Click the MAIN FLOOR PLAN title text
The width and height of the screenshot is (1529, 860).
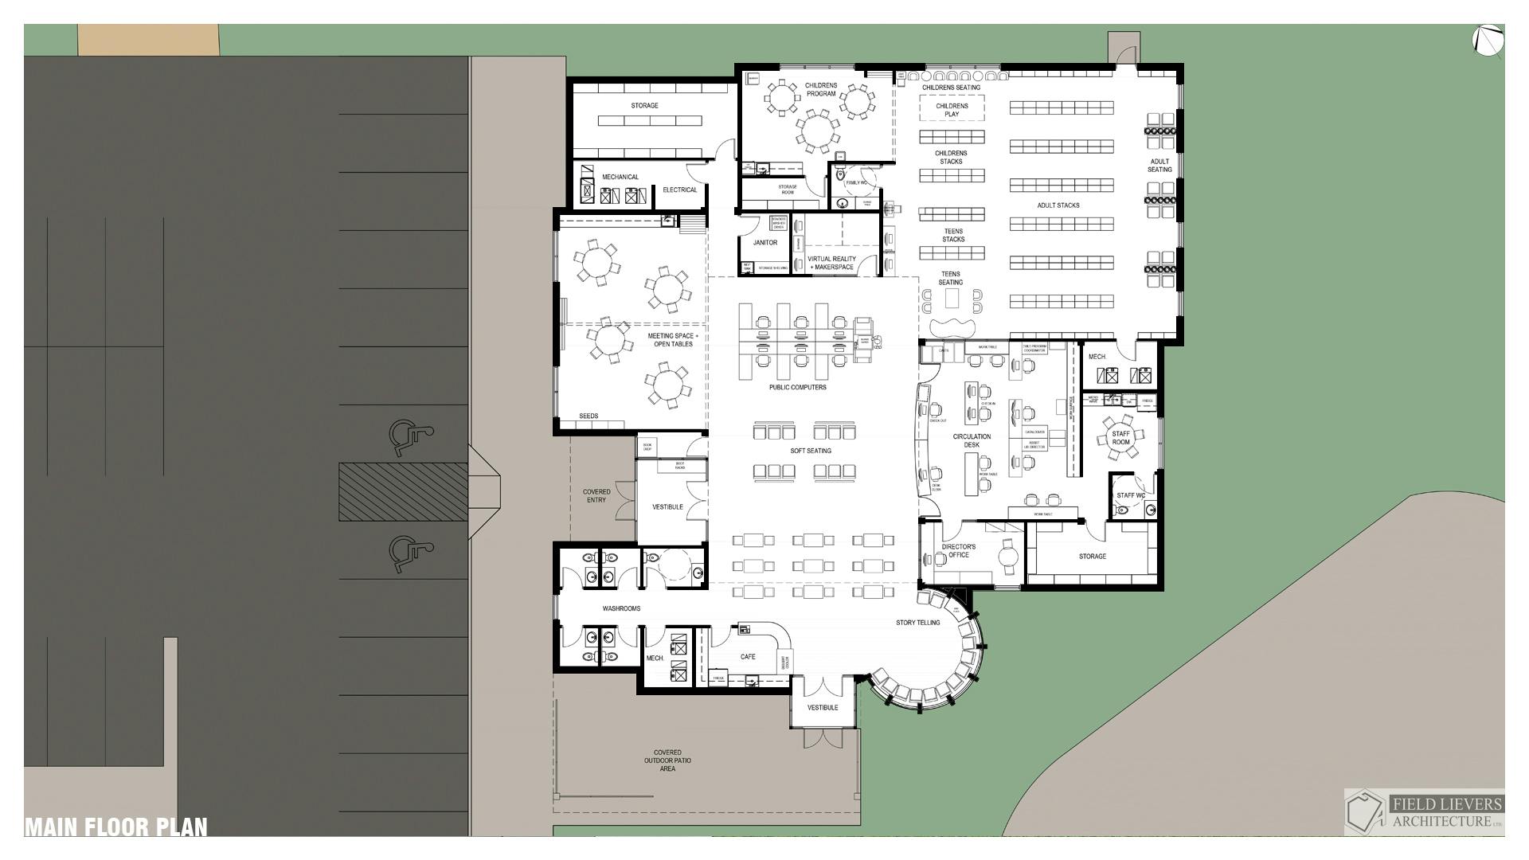tap(116, 827)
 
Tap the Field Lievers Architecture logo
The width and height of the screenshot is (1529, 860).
tap(1424, 811)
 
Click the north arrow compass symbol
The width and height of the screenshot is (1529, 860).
tap(1488, 41)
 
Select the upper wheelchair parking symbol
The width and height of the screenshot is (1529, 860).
tap(409, 436)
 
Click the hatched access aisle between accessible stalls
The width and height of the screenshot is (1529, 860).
tap(403, 492)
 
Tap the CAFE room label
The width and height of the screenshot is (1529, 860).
tap(748, 657)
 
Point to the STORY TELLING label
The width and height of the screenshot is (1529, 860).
tap(917, 623)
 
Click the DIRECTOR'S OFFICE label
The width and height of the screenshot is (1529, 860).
tap(958, 551)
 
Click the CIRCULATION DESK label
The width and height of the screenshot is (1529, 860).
tap(972, 440)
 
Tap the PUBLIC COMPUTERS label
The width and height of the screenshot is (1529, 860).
tap(797, 388)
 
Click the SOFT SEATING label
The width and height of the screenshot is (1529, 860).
tap(811, 451)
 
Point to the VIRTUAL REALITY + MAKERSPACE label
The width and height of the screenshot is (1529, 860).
tap(831, 263)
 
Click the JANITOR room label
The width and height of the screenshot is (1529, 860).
tap(764, 243)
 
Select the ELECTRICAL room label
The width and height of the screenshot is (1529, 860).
tap(679, 190)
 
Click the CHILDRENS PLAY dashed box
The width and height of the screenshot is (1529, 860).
tap(952, 108)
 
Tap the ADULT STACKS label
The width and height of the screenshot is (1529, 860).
tap(1058, 205)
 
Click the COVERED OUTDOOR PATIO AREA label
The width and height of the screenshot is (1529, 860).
tap(667, 760)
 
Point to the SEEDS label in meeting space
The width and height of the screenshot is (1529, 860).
tap(588, 416)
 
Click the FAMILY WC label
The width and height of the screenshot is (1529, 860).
tap(856, 183)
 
